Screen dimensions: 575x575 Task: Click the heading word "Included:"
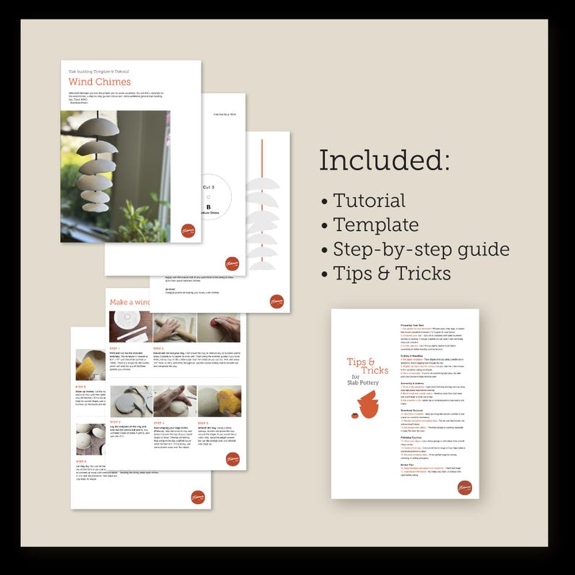pyautogui.click(x=384, y=159)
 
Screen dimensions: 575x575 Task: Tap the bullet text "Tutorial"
pyautogui.click(x=369, y=201)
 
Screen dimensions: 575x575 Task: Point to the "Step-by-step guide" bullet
pyautogui.click(x=421, y=249)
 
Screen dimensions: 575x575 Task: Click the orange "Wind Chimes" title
pyautogui.click(x=100, y=82)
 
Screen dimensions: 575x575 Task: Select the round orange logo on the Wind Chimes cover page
pyautogui.click(x=188, y=230)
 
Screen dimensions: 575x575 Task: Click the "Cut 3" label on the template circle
pyautogui.click(x=211, y=185)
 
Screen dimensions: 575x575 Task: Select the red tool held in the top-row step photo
pyautogui.click(x=215, y=323)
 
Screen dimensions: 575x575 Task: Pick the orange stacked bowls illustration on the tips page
pyautogui.click(x=368, y=404)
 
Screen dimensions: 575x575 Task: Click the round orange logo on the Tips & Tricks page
pyautogui.click(x=464, y=487)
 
